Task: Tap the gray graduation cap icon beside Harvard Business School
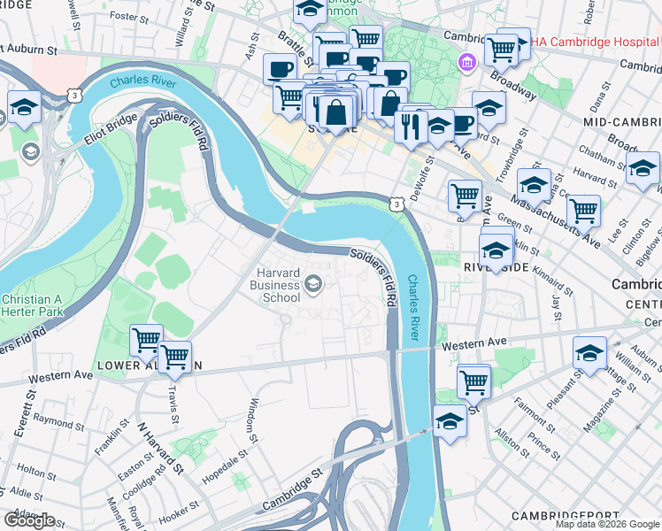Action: [312, 284]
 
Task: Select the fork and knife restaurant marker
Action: [409, 127]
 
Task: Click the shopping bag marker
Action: [337, 112]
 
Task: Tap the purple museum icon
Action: [466, 62]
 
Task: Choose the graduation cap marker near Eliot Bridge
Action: [24, 108]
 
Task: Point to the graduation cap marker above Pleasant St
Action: [589, 353]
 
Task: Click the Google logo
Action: [29, 519]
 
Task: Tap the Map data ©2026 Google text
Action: [607, 524]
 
